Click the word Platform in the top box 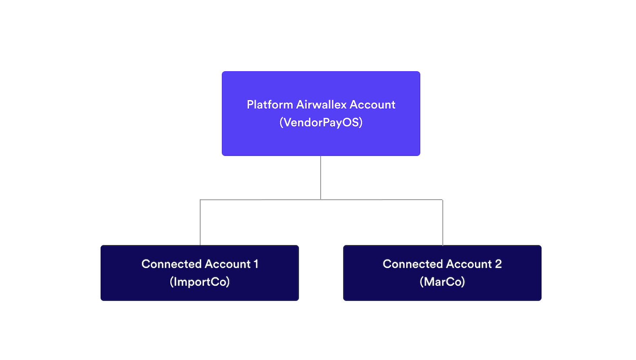pos(270,105)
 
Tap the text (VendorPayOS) pos(321,123)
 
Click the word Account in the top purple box pos(372,105)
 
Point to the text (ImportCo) pos(200,282)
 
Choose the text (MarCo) pos(442,282)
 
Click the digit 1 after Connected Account pos(256,264)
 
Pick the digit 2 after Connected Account pos(498,264)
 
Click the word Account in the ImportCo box pos(228,264)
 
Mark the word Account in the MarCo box pos(469,264)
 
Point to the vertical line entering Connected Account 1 pos(200,223)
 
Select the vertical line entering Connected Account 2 pos(443,223)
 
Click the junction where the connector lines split pos(321,200)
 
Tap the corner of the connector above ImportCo pos(200,200)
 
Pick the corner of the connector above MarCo pos(443,200)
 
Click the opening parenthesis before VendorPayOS pos(281,123)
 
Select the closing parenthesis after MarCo pos(463,282)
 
